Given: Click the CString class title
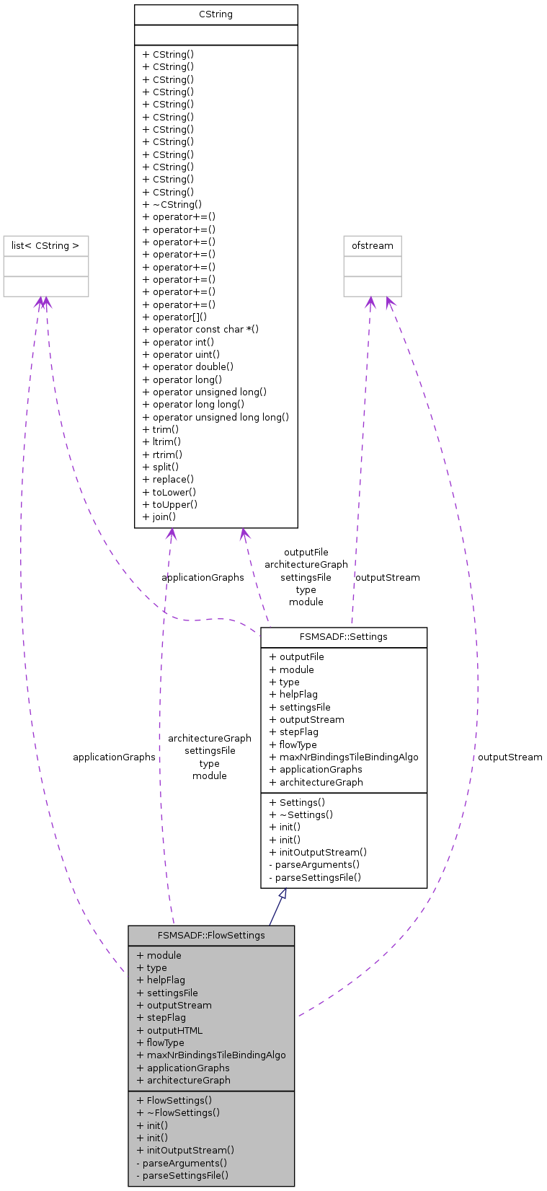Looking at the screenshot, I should point(215,14).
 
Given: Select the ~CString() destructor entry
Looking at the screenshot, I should point(172,204).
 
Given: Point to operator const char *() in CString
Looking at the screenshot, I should point(200,329).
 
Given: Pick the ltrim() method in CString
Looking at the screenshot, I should point(161,441).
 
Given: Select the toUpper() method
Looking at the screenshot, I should point(170,504).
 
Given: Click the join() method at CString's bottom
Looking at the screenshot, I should point(159,517).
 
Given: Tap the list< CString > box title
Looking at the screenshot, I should point(45,246).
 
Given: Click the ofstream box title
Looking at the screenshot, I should point(373,246).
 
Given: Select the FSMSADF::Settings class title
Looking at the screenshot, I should point(343,637).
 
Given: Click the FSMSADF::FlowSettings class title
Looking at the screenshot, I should point(211,936).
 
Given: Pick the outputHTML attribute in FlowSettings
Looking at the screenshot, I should point(169,1030).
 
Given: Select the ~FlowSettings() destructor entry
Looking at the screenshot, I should point(178,1112).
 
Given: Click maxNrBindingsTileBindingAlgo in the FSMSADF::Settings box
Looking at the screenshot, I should point(343,757).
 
